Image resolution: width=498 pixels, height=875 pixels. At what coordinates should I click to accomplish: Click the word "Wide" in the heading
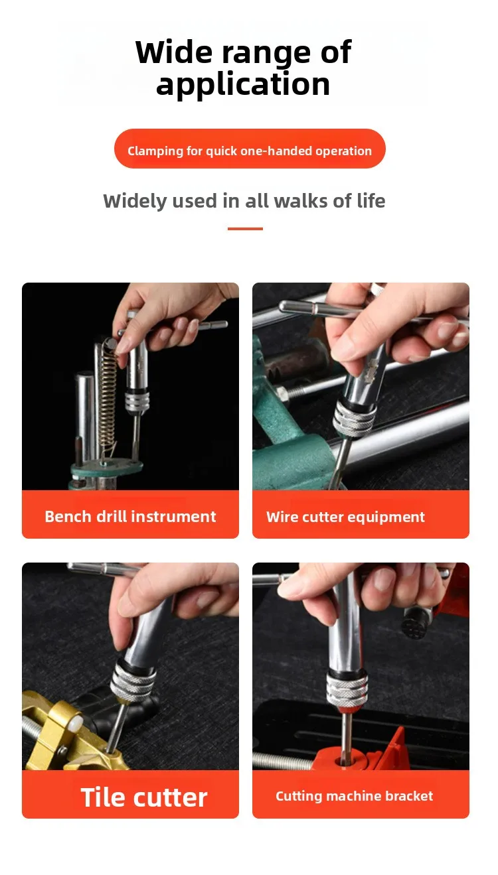[175, 52]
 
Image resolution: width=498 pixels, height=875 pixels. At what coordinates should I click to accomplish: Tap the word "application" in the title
[243, 85]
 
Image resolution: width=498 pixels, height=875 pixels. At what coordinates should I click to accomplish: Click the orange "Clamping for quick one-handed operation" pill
[250, 149]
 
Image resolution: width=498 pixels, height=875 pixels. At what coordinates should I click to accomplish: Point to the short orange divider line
[245, 228]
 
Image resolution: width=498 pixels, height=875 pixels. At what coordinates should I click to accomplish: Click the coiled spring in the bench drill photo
[109, 395]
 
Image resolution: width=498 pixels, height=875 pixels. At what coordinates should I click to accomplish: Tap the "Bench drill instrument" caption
[130, 517]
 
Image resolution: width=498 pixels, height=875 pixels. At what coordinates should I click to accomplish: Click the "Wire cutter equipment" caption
[345, 517]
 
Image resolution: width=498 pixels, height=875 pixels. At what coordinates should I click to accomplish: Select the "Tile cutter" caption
[144, 797]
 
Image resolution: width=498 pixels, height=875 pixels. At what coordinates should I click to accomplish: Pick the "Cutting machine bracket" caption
[354, 796]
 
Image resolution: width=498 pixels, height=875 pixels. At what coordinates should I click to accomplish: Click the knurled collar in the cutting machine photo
[347, 689]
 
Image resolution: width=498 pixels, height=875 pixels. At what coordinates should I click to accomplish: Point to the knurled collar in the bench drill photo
[137, 401]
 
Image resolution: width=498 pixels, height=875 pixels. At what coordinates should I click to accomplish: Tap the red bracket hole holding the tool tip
[344, 762]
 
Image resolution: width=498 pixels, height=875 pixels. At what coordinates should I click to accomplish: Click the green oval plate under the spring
[106, 466]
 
